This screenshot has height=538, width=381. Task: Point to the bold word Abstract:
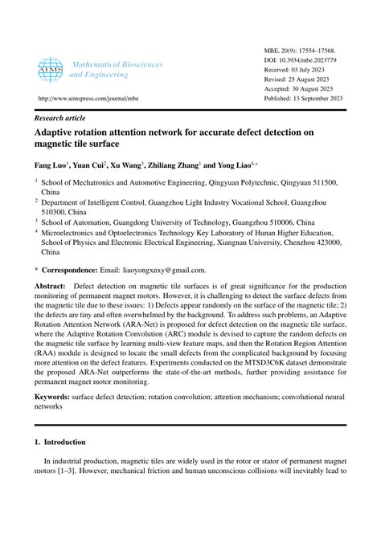[x=51, y=286]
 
